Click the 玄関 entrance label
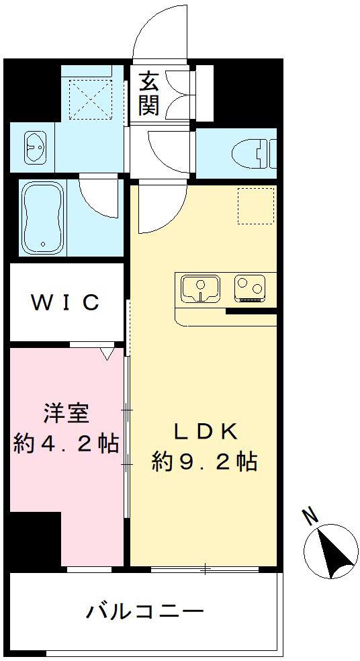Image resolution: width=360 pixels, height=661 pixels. pos(150,93)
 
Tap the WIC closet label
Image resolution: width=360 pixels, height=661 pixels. pos(65,302)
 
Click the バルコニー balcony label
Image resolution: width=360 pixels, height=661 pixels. pos(145,611)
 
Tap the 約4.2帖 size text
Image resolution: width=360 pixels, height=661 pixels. pos(66,443)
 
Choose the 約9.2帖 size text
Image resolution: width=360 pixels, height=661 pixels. pos(204,462)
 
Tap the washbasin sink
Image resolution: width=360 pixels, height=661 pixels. pos(36,147)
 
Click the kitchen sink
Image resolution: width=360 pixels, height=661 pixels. pos(201,289)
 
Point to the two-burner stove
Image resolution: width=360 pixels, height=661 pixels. pos(250,289)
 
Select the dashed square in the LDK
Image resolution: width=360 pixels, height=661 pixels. pos(256,206)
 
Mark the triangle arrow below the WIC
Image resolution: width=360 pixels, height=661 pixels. pos(107,353)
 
